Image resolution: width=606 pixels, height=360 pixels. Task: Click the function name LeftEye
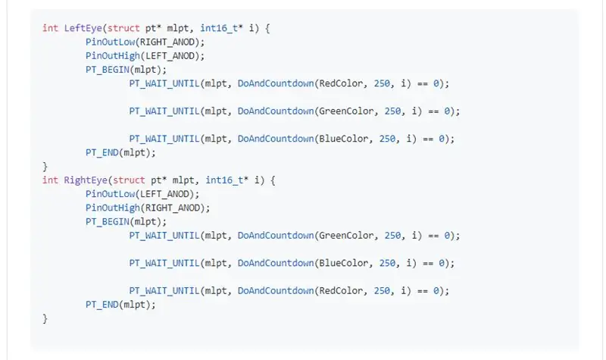pos(83,28)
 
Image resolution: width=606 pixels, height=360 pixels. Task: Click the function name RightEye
pos(86,180)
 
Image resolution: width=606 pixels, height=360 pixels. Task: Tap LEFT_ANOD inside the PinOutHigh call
pos(170,56)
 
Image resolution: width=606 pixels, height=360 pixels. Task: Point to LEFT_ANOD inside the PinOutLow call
pos(164,194)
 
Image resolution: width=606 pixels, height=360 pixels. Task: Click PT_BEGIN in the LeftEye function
pos(108,70)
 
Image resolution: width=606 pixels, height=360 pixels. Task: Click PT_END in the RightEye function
pos(102,305)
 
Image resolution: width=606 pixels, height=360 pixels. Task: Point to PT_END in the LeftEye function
pos(102,153)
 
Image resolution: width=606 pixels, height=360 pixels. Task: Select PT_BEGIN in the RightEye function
pos(108,222)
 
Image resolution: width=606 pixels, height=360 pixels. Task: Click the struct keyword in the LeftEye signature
pos(123,28)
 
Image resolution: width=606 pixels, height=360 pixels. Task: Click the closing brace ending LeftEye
pos(45,167)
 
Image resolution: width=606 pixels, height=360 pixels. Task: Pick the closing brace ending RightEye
pos(45,318)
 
